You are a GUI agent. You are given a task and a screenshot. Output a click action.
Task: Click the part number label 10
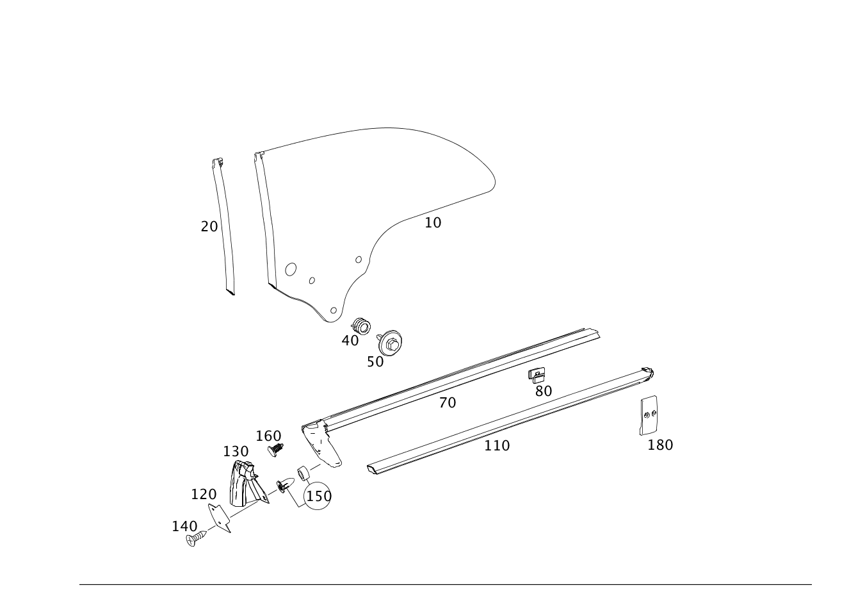[433, 223]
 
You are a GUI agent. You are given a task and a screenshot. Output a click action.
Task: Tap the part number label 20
[209, 227]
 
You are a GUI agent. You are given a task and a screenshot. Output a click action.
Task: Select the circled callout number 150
[319, 497]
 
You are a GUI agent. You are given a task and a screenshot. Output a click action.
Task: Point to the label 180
[660, 445]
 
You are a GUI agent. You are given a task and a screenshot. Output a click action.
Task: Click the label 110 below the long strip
[497, 446]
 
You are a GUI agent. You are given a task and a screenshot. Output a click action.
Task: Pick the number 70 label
[448, 402]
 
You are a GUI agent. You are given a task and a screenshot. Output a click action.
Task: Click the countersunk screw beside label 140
[197, 538]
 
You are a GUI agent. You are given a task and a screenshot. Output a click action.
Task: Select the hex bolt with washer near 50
[390, 343]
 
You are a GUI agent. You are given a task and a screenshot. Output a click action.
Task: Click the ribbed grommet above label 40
[361, 326]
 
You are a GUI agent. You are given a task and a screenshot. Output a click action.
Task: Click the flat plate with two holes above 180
[649, 415]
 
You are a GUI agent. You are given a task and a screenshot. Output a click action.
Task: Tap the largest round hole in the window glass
[291, 269]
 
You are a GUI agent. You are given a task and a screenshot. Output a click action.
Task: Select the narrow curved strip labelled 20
[223, 227]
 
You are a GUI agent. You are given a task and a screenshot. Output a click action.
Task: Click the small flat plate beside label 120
[220, 518]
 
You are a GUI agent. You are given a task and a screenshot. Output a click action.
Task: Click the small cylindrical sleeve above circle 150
[303, 473]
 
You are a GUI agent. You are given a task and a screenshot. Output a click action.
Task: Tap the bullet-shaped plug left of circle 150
[285, 485]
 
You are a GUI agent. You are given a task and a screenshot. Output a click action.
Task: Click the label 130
[236, 452]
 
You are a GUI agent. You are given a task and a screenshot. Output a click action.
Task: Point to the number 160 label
[269, 436]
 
